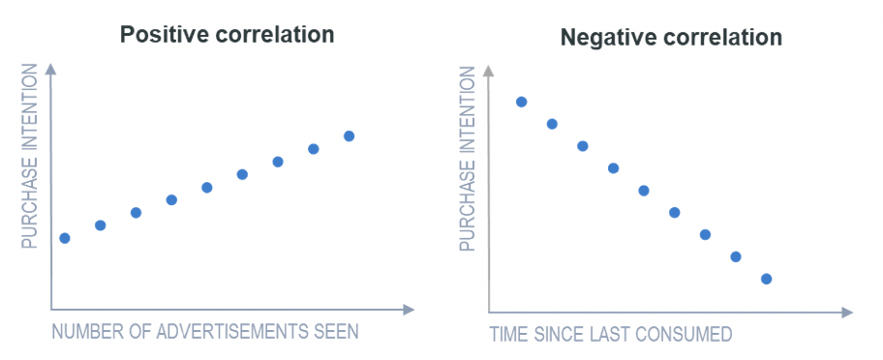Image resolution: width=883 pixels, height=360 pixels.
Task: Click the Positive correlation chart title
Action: (227, 35)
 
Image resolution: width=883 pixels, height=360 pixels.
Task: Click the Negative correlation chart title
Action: (671, 39)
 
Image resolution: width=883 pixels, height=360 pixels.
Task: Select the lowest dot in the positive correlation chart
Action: (65, 238)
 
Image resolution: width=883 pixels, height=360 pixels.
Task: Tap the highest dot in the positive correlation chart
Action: (349, 136)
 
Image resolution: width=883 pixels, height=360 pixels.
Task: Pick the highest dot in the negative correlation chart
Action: (521, 102)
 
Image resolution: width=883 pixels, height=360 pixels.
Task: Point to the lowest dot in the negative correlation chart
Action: (766, 279)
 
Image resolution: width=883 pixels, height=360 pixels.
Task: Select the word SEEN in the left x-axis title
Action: (336, 332)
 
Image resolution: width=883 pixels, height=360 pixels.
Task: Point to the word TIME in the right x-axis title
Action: (509, 335)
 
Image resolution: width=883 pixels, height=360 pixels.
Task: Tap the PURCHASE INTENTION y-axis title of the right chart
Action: (469, 160)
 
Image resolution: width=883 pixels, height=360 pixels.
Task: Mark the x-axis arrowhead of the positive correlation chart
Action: (410, 310)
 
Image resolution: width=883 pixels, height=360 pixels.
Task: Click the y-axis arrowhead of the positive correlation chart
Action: (50, 69)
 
